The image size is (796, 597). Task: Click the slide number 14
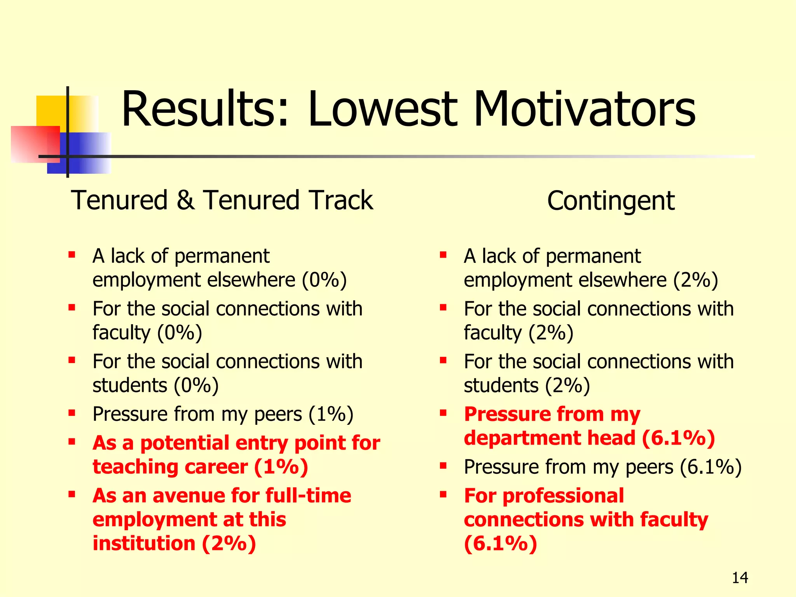pyautogui.click(x=740, y=578)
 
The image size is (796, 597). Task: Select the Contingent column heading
pyautogui.click(x=611, y=201)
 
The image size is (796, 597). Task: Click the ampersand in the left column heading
pyautogui.click(x=185, y=201)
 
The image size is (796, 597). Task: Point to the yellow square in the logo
pyautogui.click(x=51, y=111)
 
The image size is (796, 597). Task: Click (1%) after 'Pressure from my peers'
pyautogui.click(x=331, y=414)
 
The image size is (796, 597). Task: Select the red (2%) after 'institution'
pyautogui.click(x=229, y=543)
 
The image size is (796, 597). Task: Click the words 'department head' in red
pyautogui.click(x=550, y=438)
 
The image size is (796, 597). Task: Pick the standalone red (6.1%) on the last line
pyautogui.click(x=501, y=543)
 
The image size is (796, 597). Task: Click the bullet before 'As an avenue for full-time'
pyautogui.click(x=72, y=494)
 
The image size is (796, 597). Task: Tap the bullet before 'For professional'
pyautogui.click(x=443, y=494)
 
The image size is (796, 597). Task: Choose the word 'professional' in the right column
pyautogui.click(x=563, y=496)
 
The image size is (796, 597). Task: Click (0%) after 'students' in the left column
pyautogui.click(x=196, y=386)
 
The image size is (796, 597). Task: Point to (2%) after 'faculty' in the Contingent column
pyautogui.click(x=551, y=333)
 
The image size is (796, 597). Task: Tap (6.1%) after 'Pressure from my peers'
pyautogui.click(x=710, y=467)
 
